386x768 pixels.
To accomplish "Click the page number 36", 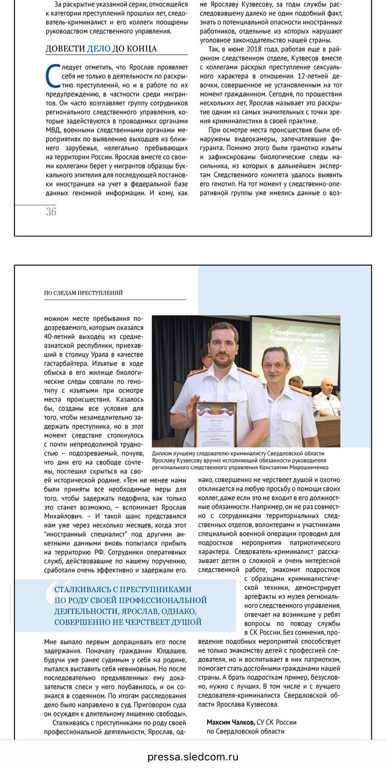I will tap(51, 212).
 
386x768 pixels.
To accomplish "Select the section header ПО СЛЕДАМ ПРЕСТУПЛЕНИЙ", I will tap(83, 293).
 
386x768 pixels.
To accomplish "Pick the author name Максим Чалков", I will tap(231, 722).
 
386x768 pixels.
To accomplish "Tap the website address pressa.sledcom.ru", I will tap(193, 757).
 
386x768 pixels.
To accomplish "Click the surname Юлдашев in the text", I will tap(167, 651).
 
